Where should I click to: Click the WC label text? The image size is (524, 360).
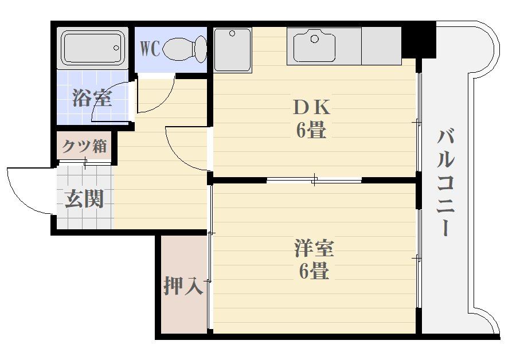click(x=150, y=49)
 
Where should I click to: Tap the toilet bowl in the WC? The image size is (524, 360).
click(x=184, y=49)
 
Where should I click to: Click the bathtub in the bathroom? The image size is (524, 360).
click(x=92, y=48)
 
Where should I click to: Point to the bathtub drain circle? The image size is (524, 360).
click(x=116, y=48)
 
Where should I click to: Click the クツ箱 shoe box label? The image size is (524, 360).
click(x=84, y=146)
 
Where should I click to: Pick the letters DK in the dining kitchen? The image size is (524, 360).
click(x=311, y=108)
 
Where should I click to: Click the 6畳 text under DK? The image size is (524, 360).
click(x=311, y=130)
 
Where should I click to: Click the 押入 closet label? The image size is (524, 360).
click(x=183, y=286)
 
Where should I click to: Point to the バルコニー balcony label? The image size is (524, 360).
click(x=446, y=183)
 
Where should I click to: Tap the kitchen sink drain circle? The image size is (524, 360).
click(x=315, y=39)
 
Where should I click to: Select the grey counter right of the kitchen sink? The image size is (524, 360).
click(x=381, y=46)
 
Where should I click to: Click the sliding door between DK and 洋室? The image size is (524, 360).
click(x=314, y=181)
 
